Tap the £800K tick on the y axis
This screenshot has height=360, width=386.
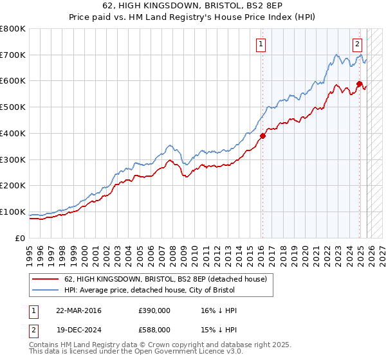coord(13,29)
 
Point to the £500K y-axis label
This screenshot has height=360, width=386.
coord(13,107)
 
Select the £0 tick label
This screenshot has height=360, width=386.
coord(20,238)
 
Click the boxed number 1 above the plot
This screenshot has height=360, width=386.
coord(261,44)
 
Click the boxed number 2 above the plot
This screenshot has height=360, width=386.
coord(357,44)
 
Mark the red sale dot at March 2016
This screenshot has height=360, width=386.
coord(262,136)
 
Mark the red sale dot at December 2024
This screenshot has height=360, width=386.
coord(359,84)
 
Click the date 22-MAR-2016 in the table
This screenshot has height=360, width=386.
coord(78,311)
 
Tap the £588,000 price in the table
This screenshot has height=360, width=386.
coord(154,329)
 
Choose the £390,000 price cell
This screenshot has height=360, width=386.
coord(154,311)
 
